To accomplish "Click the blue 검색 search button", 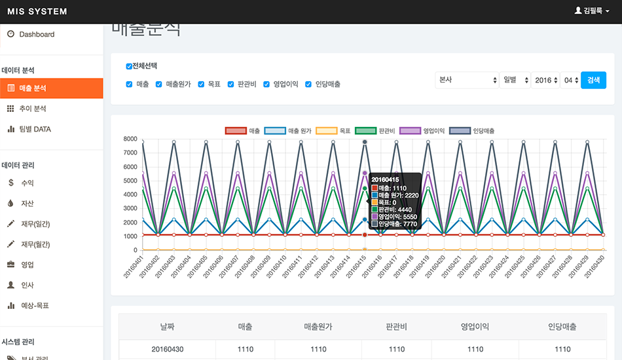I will tap(593, 80).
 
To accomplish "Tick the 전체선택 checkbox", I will tap(129, 66).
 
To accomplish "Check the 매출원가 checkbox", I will tap(159, 84).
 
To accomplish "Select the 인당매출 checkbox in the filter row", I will tap(308, 84).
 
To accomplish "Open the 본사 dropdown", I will tap(467, 80).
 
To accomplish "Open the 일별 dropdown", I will tap(514, 80).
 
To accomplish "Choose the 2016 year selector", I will tap(545, 80).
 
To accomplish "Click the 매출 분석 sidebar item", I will tap(51, 88).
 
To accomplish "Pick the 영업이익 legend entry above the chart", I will tap(422, 131).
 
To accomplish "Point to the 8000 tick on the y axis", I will tap(130, 139).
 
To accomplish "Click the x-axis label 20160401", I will tap(134, 267).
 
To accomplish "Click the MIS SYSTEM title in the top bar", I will tap(37, 12).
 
